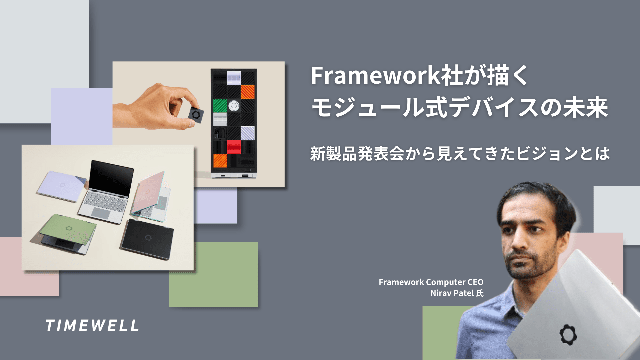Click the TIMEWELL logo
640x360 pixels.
pos(92,326)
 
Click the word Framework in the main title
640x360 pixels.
pos(375,76)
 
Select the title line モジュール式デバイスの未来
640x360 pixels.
pos(459,108)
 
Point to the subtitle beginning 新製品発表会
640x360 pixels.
pos(460,154)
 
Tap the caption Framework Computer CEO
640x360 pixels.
pos(431,282)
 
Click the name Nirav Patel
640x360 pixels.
pos(452,293)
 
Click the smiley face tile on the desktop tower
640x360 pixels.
pos(234,106)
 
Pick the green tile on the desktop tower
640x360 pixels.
pos(220,106)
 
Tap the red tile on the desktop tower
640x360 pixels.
pos(234,147)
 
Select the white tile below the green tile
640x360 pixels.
pos(220,119)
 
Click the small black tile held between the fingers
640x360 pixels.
pos(196,115)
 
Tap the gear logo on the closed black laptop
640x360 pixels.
pos(148,238)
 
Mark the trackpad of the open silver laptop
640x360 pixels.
pos(101,213)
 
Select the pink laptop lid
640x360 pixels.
pos(149,191)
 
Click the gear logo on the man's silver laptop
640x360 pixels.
pos(568,334)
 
